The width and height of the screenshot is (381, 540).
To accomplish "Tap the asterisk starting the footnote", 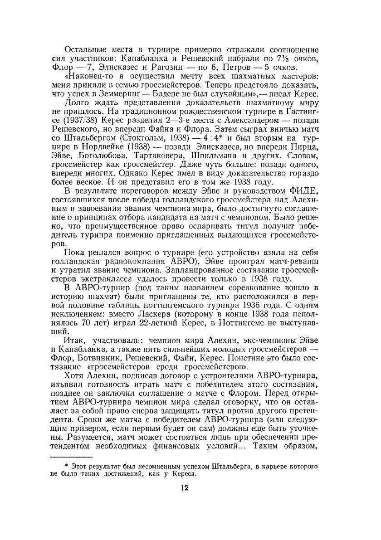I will [x=67, y=466].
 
